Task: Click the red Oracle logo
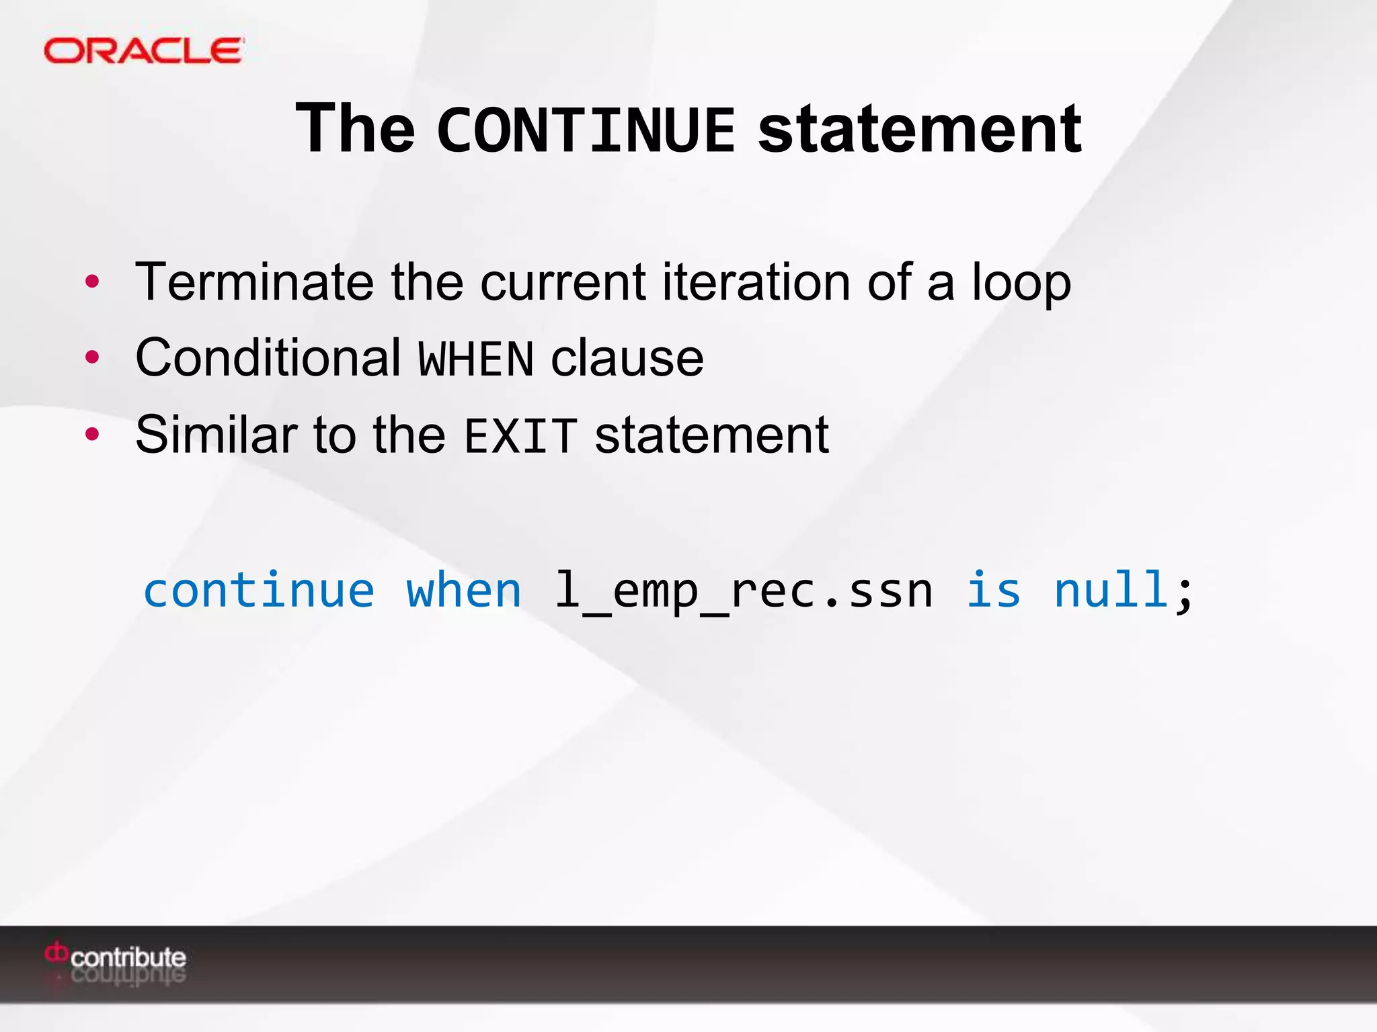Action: coord(143,51)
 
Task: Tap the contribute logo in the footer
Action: coord(116,957)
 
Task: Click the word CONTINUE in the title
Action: coord(586,130)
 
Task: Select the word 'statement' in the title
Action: coord(920,130)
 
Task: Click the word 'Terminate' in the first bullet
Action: coord(254,282)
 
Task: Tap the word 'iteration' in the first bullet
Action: coord(756,282)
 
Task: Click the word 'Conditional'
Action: coord(268,357)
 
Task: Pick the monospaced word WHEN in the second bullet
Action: coord(476,359)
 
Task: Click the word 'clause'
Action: coord(627,358)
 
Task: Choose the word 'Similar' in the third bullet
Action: coord(216,435)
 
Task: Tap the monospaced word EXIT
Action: coord(521,436)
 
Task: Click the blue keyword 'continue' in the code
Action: coord(259,591)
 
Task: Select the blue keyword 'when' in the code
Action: coord(464,591)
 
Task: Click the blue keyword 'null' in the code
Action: coord(1111,591)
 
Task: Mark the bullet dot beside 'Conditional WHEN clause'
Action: coord(92,357)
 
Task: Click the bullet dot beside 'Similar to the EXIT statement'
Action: coord(92,435)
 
